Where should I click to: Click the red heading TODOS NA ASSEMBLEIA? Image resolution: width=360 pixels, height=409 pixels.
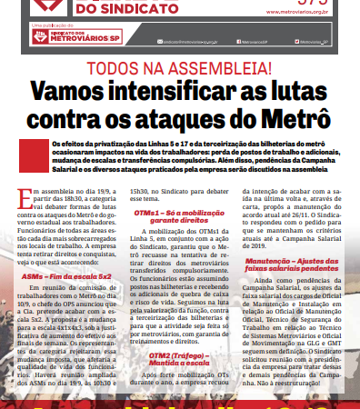click(179, 68)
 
